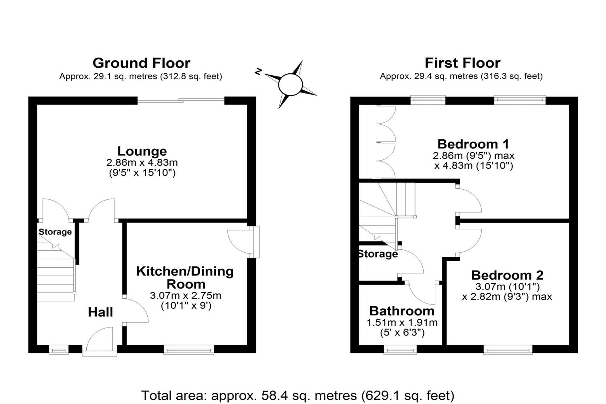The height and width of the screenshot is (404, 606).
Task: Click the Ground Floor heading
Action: coord(142,63)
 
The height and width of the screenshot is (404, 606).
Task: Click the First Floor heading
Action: coord(462,63)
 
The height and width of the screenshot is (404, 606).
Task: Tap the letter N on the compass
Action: coord(258,72)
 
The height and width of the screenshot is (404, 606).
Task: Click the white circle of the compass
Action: coord(290,85)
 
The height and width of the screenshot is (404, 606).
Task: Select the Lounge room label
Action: coord(142,151)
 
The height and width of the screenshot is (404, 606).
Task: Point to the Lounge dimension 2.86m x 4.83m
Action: coord(142,162)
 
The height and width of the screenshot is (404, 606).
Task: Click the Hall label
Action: coord(100,312)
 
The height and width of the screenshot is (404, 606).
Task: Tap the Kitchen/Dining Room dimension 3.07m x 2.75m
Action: coord(185,295)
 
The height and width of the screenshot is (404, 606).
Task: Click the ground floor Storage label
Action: coord(55,232)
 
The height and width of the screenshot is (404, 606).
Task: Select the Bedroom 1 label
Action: coord(473,144)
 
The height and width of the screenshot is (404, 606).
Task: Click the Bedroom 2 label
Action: coord(507,275)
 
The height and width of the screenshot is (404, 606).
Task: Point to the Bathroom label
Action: coord(402,311)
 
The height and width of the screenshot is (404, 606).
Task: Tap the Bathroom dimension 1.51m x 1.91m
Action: coord(402,322)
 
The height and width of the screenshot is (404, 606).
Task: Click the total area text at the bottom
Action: coord(298,396)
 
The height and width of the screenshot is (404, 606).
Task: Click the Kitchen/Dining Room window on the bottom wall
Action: coord(189,349)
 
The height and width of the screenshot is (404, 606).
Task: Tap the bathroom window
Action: coord(400,349)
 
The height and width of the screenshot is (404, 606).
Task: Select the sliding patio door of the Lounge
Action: coord(181,100)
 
